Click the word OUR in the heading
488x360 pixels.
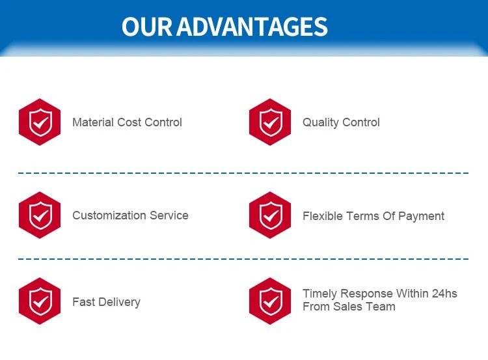pos(146,27)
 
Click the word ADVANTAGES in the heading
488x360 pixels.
pos(252,27)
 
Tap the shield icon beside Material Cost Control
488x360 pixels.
pos(40,122)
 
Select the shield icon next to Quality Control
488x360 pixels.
pos(270,122)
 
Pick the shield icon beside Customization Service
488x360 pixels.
pos(40,215)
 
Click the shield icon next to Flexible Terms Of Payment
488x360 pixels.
pos(270,215)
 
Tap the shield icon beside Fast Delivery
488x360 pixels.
pos(40,301)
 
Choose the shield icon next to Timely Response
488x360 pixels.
pos(270,301)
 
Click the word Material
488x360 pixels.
pos(93,122)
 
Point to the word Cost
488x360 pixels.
pos(129,122)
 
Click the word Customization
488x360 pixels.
pos(109,215)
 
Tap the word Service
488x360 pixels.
pos(169,215)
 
